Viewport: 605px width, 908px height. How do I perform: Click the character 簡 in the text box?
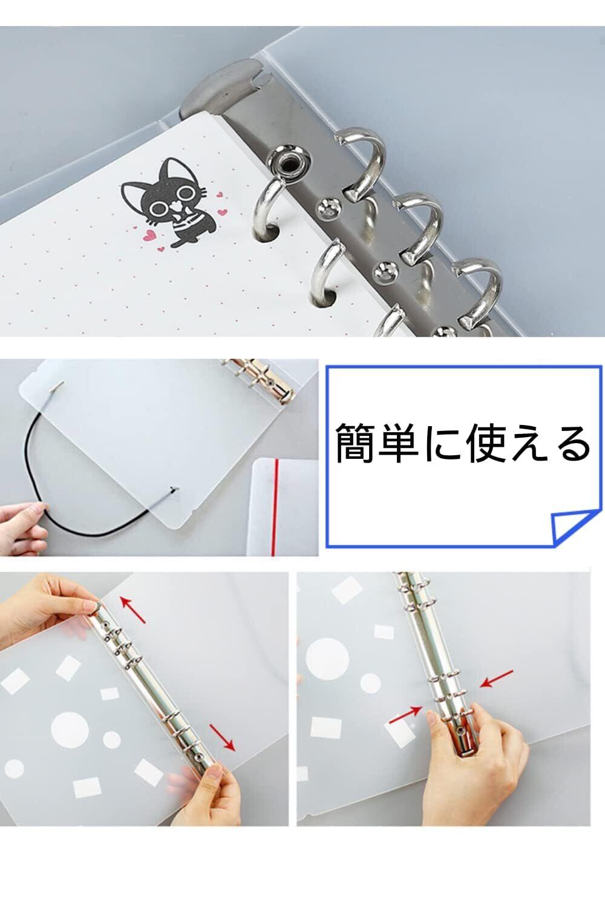(x=356, y=444)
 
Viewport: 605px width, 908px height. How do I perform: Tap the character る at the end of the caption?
(x=569, y=444)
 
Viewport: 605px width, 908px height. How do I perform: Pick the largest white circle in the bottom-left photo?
(x=70, y=728)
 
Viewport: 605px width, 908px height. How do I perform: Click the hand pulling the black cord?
(x=24, y=525)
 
